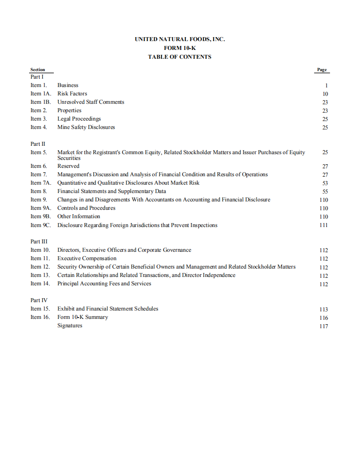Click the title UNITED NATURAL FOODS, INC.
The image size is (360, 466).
pos(180,39)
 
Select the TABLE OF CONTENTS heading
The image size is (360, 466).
pos(180,57)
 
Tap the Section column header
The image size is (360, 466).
pos(38,70)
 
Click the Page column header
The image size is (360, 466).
pos(322,70)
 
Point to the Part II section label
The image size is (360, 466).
pos(38,144)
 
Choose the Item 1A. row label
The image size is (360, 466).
pos(41,94)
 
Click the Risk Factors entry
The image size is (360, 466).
pos(72,94)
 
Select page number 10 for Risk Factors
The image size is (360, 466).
pos(325,94)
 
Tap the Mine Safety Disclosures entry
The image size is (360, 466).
pos(86,127)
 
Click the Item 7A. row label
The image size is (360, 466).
pos(41,183)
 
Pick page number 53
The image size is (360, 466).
pos(325,183)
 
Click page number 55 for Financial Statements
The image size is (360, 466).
pos(325,192)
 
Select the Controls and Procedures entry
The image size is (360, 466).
pos(86,208)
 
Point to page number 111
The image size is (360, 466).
pos(324,225)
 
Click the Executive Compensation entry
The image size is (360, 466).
pos(87,258)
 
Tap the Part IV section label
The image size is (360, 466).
pos(38,300)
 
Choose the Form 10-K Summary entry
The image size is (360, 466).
pos(83,317)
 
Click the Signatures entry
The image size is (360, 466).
pos(70,326)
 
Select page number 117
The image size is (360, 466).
pos(324,326)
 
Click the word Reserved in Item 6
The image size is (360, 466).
pos(68,166)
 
